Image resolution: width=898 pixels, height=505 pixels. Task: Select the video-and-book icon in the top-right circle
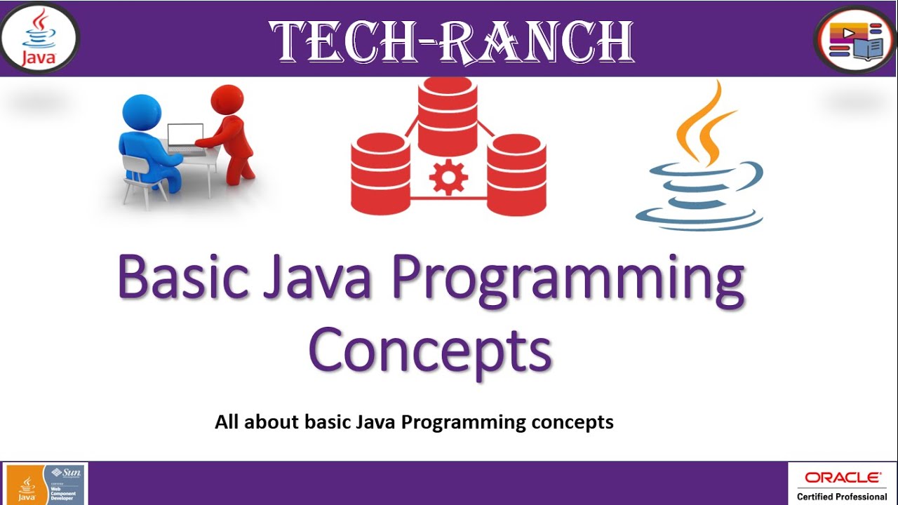tap(855, 40)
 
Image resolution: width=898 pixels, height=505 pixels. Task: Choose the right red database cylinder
tap(516, 175)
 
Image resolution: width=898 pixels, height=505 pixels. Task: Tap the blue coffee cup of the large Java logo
tap(702, 196)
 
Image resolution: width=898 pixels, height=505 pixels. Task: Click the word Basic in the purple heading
tap(184, 277)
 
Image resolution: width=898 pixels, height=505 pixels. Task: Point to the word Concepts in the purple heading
tap(429, 351)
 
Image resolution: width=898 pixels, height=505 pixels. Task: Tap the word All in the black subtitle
tap(227, 422)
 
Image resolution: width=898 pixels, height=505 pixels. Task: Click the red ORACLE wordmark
tap(842, 478)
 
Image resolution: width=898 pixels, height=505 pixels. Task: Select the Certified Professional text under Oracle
tap(842, 497)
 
